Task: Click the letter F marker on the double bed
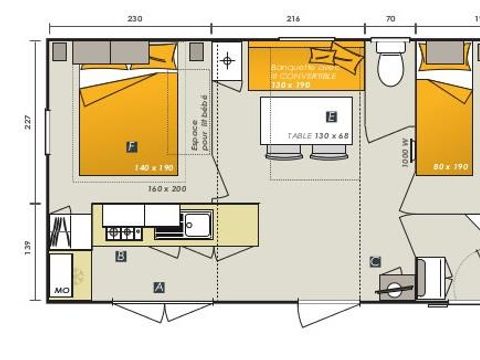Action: pyautogui.click(x=131, y=146)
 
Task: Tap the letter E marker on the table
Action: pyautogui.click(x=331, y=116)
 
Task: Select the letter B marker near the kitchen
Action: pyautogui.click(x=121, y=256)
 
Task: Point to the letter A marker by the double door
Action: pyautogui.click(x=159, y=287)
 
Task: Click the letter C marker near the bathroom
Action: pyautogui.click(x=375, y=262)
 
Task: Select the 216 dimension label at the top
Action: pyautogui.click(x=293, y=19)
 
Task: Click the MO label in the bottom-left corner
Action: pyautogui.click(x=60, y=290)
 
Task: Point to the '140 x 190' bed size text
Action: pyautogui.click(x=154, y=168)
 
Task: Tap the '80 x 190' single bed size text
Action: pyautogui.click(x=452, y=167)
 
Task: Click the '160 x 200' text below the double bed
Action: pyautogui.click(x=167, y=187)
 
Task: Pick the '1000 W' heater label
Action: pyautogui.click(x=405, y=153)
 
